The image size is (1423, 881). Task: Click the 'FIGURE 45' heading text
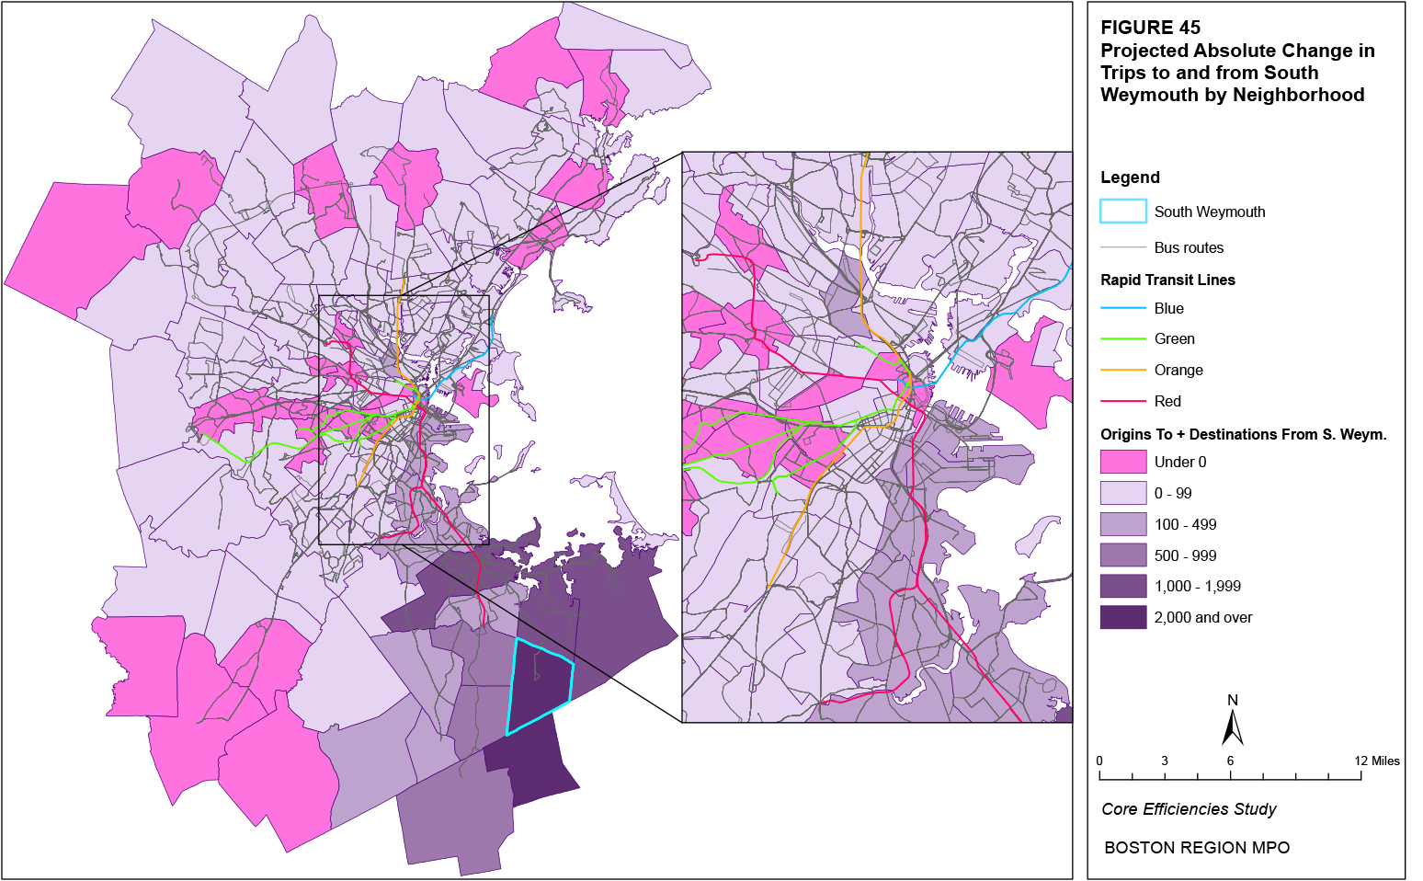[x=1150, y=28]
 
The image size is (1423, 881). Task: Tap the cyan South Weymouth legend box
[x=1122, y=212]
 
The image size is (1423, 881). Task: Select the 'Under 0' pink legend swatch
[x=1122, y=462]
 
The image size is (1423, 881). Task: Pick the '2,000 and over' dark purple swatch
[x=1122, y=617]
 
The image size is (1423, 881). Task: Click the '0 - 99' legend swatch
[x=1122, y=493]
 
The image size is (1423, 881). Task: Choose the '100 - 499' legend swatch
[x=1122, y=524]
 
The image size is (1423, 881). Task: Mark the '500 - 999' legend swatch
[x=1122, y=555]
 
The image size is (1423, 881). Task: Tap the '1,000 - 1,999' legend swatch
[x=1122, y=586]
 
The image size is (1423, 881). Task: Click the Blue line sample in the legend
[x=1122, y=308]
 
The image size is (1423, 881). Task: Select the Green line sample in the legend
[x=1122, y=338]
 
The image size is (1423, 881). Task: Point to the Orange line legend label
[x=1178, y=370]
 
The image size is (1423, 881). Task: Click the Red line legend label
[x=1167, y=401]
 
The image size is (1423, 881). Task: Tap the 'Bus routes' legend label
[x=1189, y=247]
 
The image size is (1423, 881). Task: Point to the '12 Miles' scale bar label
[x=1376, y=761]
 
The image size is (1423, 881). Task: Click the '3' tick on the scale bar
[x=1164, y=761]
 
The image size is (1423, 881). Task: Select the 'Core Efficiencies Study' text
[x=1189, y=809]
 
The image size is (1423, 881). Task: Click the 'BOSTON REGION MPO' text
[x=1196, y=848]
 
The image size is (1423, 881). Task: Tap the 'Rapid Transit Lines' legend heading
[x=1167, y=280]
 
